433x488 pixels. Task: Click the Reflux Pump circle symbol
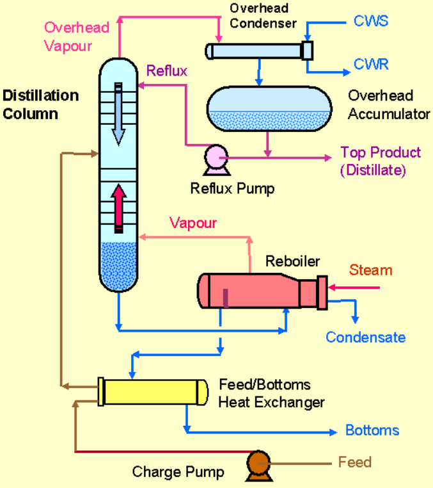(x=213, y=156)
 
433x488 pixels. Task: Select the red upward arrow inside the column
(x=118, y=209)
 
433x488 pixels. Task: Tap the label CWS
(x=370, y=22)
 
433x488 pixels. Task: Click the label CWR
(x=371, y=64)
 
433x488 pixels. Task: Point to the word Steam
(x=370, y=270)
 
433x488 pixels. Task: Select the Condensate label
(x=365, y=337)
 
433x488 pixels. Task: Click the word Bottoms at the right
(x=372, y=430)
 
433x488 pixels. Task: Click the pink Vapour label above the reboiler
(x=193, y=223)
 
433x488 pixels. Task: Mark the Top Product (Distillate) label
(x=380, y=161)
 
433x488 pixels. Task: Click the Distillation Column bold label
(x=41, y=105)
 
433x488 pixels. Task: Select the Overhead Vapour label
(x=76, y=37)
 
